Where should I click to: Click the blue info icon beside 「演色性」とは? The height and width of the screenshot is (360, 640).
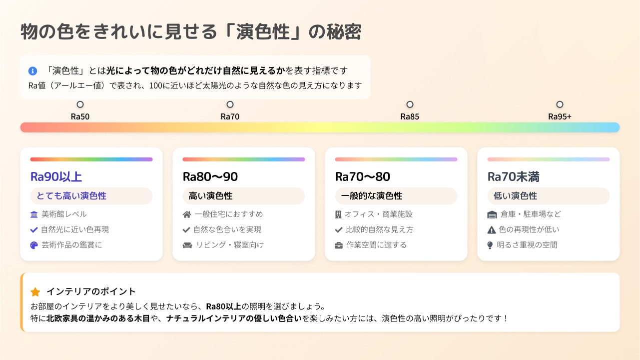coord(32,70)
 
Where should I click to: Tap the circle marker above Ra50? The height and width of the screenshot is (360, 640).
coord(80,104)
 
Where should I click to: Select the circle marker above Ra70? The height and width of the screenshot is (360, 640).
coord(230,104)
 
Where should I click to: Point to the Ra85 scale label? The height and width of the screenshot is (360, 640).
coord(410,116)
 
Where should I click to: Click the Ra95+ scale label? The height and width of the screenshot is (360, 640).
coord(560,116)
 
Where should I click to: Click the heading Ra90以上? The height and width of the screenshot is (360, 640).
coord(56,176)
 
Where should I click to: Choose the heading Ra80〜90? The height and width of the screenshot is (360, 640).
coord(210,176)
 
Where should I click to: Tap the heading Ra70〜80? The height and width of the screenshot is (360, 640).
coord(362,176)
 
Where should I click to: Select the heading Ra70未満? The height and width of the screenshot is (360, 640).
coord(513,176)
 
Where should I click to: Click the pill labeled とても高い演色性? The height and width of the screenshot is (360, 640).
coord(91,196)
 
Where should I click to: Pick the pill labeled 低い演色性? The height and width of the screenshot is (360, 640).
coord(548,196)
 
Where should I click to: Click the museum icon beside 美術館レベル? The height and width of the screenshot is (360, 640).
coord(34,214)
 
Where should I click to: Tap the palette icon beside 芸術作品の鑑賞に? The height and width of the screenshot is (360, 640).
coord(34,245)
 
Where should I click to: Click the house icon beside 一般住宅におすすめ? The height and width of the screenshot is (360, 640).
coord(187,214)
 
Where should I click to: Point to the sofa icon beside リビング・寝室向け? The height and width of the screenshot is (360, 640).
coord(187,245)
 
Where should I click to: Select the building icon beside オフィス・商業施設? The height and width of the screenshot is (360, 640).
coord(338,214)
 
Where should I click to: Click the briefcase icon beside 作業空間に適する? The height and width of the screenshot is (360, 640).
coord(339,245)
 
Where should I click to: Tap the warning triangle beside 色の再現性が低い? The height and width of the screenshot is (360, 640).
coord(492,230)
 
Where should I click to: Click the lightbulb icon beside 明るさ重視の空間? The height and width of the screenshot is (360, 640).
coord(490,245)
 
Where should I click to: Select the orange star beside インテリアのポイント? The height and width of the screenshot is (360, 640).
coord(35,292)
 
